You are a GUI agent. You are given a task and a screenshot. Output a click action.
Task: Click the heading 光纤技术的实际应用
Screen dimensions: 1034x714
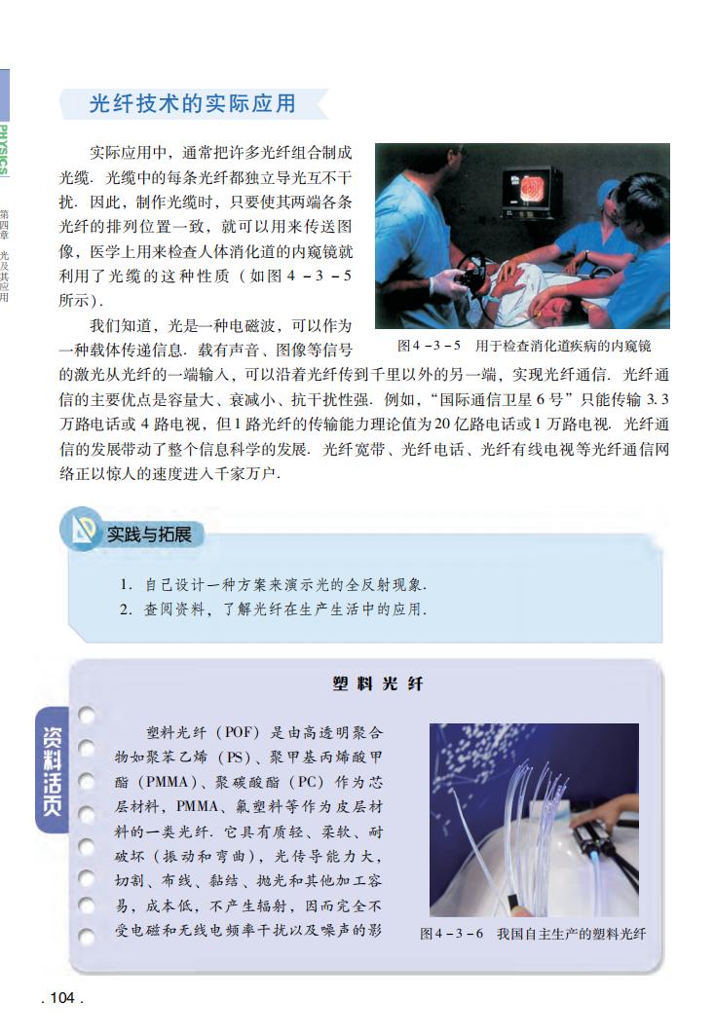point(192,103)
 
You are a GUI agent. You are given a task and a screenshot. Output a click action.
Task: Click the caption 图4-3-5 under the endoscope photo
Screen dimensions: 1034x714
point(523,346)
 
